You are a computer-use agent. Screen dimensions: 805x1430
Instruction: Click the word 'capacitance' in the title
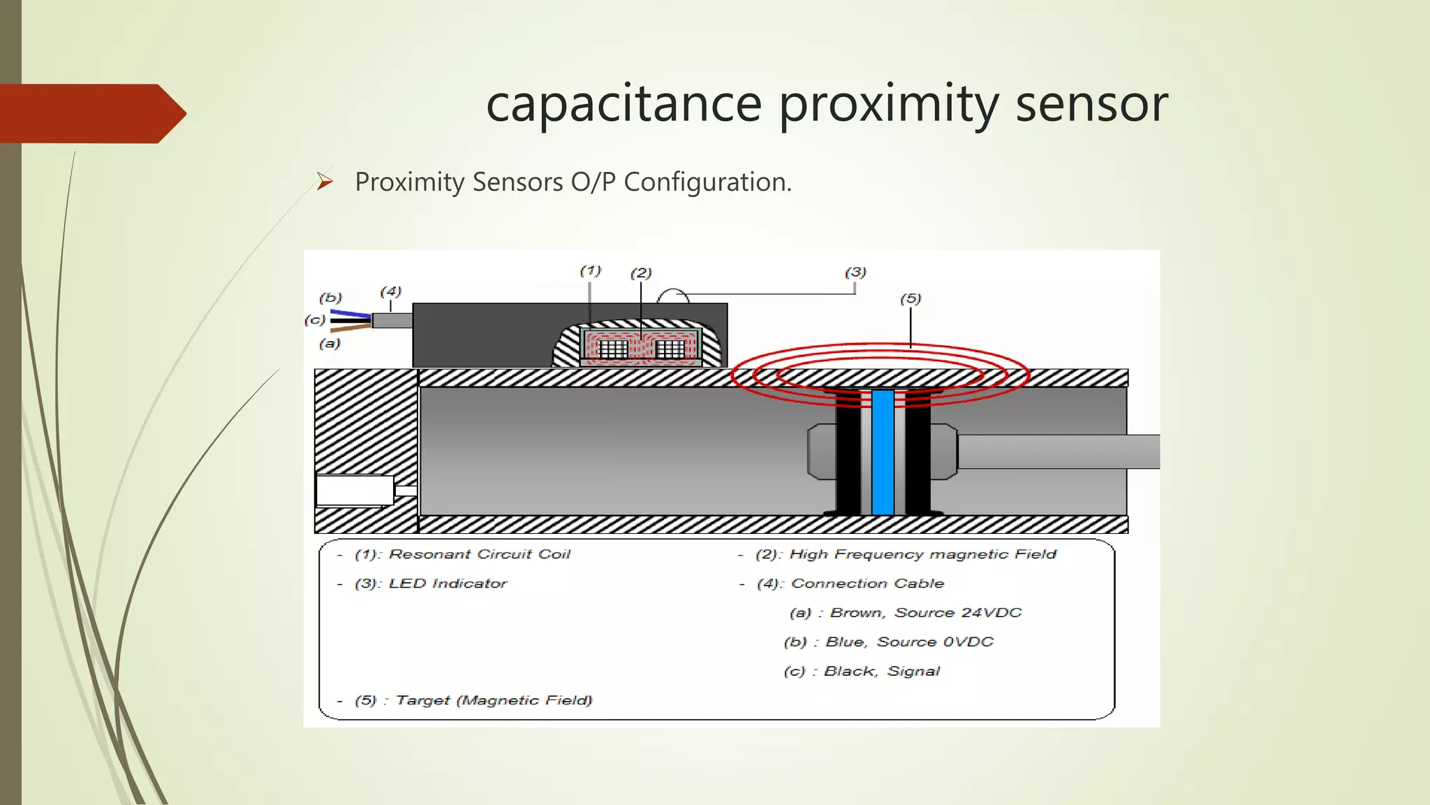624,103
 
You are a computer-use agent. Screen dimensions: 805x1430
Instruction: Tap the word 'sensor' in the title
1091,103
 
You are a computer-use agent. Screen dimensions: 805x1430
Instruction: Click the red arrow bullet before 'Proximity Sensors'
325,182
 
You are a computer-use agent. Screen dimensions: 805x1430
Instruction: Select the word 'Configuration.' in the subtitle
707,182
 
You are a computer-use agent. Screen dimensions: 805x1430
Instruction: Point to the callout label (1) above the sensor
590,270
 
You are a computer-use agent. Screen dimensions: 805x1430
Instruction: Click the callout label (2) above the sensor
641,273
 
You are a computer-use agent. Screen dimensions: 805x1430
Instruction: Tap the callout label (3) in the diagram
855,272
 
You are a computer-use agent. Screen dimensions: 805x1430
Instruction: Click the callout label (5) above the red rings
911,299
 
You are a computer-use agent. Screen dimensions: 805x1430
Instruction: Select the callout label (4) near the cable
390,291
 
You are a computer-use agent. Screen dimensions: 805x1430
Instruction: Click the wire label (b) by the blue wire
330,298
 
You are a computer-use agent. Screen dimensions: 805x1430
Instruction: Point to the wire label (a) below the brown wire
330,344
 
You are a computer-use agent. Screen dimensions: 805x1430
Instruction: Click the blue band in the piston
883,453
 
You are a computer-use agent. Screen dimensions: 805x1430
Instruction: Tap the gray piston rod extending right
1058,451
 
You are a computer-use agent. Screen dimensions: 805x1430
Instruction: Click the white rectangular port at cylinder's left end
355,490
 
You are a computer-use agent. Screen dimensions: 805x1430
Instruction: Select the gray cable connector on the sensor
392,321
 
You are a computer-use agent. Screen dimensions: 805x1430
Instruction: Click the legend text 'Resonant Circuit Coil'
480,554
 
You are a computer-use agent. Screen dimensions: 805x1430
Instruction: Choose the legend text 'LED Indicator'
448,583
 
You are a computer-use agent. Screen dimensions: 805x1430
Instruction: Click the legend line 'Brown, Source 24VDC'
925,613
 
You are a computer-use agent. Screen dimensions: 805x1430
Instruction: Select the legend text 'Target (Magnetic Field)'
494,700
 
